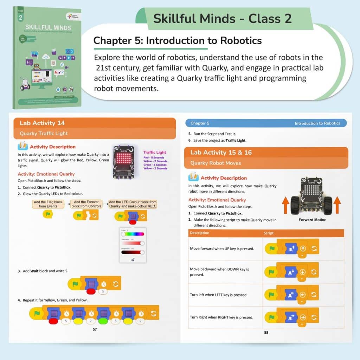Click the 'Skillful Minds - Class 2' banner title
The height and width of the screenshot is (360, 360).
(x=222, y=19)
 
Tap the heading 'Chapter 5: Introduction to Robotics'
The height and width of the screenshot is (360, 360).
(x=178, y=41)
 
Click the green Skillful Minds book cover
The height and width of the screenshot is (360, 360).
(x=47, y=58)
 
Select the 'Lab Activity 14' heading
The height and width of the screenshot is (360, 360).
(x=42, y=123)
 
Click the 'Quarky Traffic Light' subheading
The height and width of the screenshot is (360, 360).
(x=44, y=134)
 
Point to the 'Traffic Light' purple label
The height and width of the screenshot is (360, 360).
(x=155, y=152)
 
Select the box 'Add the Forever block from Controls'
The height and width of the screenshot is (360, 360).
(x=87, y=204)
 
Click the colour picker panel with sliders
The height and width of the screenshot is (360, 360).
(x=132, y=245)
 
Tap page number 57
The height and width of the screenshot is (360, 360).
(x=95, y=329)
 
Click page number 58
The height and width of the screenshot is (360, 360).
(x=266, y=332)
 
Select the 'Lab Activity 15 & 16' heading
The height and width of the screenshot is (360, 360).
(x=216, y=153)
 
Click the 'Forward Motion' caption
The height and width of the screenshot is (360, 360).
(x=312, y=220)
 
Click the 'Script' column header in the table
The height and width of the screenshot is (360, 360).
(x=269, y=233)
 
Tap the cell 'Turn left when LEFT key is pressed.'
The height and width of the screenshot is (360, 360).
(x=219, y=295)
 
